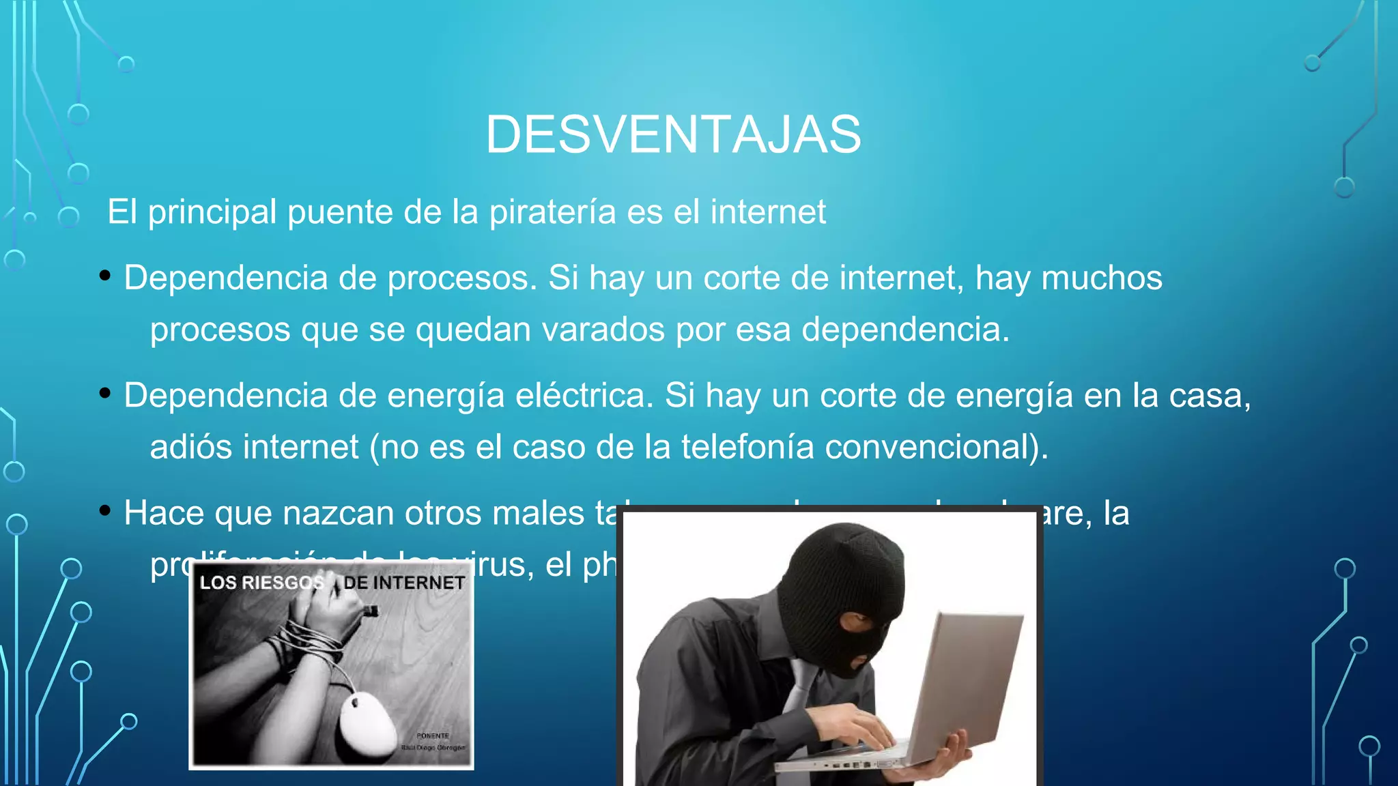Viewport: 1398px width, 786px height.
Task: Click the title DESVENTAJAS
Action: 673,134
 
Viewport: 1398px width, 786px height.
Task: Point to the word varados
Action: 603,330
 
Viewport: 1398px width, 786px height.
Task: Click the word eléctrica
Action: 584,396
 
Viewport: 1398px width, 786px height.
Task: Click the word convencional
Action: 932,448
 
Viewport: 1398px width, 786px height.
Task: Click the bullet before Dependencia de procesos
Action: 105,276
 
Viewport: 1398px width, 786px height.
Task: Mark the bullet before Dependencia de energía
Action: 105,393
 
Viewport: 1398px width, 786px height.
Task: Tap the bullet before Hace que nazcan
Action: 105,510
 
